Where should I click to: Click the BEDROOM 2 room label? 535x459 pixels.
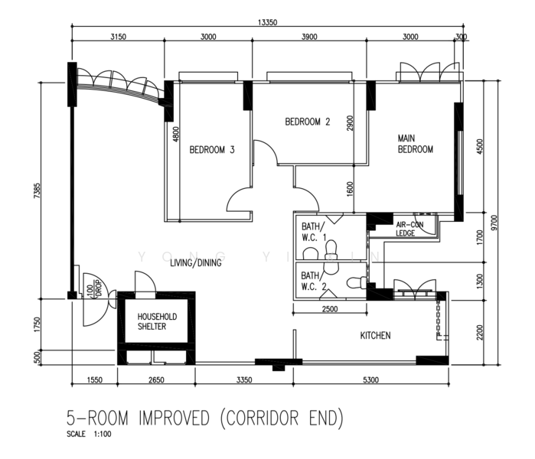point(308,122)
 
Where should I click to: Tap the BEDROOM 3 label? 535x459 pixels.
point(212,150)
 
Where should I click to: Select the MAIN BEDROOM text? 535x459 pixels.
point(416,144)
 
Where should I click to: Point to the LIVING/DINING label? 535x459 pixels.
point(196,262)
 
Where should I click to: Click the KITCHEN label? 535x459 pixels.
point(375,336)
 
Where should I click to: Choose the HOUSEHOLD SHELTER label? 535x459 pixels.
point(157,321)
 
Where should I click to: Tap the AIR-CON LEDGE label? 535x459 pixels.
point(409,229)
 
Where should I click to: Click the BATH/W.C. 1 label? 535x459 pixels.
point(314,232)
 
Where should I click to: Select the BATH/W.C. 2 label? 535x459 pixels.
point(314,281)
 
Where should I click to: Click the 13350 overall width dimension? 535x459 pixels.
point(268,22)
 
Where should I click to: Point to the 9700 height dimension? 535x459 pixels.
point(494,223)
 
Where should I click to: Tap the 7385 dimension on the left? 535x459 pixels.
point(37,191)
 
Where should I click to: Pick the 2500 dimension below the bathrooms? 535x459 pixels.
point(330,309)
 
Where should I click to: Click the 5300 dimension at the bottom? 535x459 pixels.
point(370,379)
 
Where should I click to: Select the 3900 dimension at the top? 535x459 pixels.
point(309,37)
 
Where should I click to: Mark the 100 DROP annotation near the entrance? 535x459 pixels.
point(94,290)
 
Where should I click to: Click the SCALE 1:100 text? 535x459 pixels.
point(89,434)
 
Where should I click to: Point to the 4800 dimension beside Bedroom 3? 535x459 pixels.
point(176,134)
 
